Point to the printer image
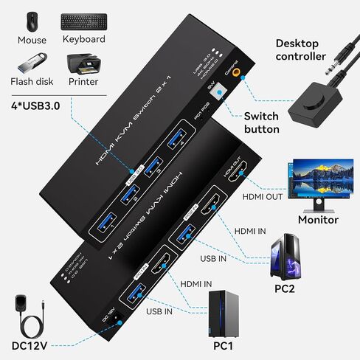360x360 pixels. (83, 66)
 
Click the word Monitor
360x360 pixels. (318, 219)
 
